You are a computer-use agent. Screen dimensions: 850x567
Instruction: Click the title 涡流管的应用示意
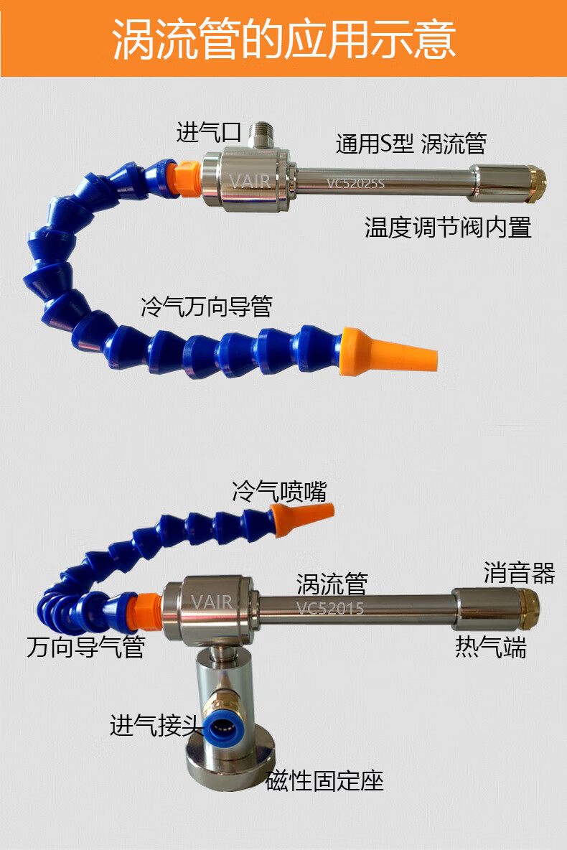[x=283, y=39]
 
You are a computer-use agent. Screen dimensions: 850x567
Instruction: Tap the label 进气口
[x=208, y=133]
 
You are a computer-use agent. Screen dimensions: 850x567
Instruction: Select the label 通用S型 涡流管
[x=411, y=144]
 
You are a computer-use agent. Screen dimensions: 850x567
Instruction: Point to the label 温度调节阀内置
[x=448, y=228]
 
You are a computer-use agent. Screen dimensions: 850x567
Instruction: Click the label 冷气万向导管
[x=207, y=307]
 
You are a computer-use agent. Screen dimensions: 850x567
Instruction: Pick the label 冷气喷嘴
[x=279, y=492]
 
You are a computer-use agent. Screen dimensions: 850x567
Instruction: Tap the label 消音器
[x=519, y=573]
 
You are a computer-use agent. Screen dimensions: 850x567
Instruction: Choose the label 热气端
[x=491, y=647]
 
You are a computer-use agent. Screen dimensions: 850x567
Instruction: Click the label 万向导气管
[x=86, y=647]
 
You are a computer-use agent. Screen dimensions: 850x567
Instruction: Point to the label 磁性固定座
[x=324, y=780]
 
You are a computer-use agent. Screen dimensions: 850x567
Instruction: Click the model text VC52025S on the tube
[x=356, y=183]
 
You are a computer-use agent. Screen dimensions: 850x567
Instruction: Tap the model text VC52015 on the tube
[x=330, y=609]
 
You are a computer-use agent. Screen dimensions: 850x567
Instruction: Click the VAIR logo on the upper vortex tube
[x=250, y=180]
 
